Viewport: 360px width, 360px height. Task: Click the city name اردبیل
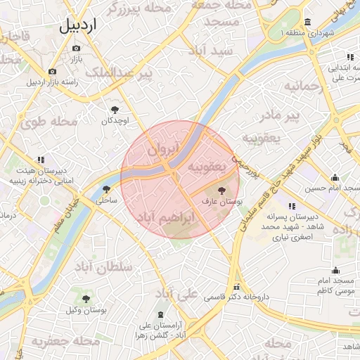click(x=78, y=25)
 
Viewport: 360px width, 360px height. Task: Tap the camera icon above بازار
click(x=76, y=48)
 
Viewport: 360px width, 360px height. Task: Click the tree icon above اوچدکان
click(x=115, y=109)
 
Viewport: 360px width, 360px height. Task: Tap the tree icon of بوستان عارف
click(x=222, y=190)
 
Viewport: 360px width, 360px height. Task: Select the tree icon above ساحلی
click(x=106, y=188)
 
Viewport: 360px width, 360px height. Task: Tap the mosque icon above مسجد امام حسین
click(x=334, y=177)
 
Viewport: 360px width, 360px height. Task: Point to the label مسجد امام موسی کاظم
click(x=335, y=285)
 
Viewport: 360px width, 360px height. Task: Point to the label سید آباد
click(x=210, y=51)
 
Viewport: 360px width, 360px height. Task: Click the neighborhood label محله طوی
click(x=49, y=121)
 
